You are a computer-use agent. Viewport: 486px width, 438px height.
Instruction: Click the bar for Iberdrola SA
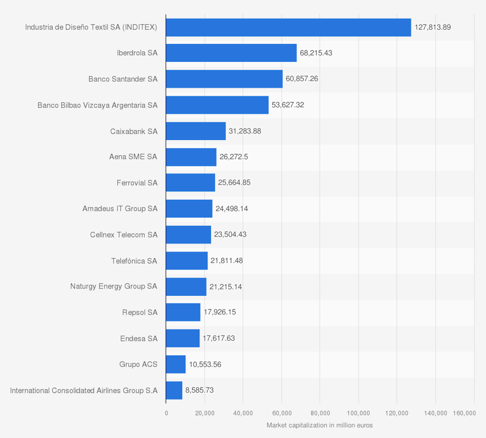click(x=231, y=53)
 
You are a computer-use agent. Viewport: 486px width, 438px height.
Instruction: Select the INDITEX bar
click(x=288, y=27)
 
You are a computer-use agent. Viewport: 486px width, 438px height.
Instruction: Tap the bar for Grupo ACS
click(x=176, y=364)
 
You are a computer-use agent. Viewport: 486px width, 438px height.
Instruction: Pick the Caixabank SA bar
click(x=196, y=131)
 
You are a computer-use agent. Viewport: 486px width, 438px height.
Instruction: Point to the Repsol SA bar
click(x=183, y=312)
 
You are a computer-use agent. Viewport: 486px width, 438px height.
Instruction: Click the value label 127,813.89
click(x=432, y=27)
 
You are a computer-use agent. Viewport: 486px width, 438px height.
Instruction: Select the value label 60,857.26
click(x=302, y=79)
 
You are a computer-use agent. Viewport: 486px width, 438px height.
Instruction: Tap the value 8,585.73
click(x=199, y=390)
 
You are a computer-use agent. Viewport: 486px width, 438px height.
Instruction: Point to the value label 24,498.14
click(x=232, y=209)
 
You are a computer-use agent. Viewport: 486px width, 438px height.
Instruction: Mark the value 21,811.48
click(x=226, y=261)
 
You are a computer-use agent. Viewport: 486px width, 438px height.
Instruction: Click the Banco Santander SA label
click(x=123, y=79)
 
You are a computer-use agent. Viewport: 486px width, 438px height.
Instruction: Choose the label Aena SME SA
click(x=133, y=157)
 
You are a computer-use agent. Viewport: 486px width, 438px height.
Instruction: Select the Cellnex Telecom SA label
click(x=124, y=235)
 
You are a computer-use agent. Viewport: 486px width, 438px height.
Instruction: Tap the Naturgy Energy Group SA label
click(x=114, y=286)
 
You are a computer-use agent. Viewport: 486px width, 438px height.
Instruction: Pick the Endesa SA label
click(x=139, y=339)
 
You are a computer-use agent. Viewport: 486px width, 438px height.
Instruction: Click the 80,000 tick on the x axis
click(x=320, y=413)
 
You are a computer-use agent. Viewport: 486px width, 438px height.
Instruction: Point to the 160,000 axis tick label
click(x=464, y=413)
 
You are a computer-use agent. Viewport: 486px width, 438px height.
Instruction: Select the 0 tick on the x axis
click(x=166, y=413)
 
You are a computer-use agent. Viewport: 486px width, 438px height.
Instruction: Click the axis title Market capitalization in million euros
click(x=319, y=425)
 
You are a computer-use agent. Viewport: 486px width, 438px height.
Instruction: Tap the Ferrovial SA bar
click(x=190, y=183)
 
